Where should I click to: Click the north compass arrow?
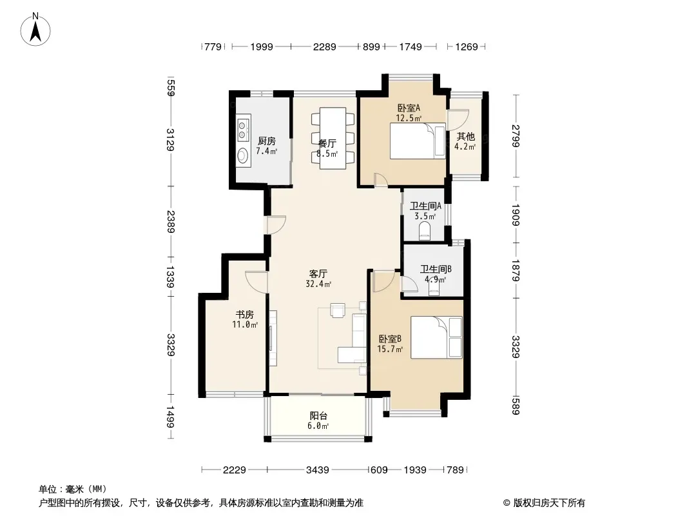(x=35, y=31)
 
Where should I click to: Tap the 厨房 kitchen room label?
(x=267, y=141)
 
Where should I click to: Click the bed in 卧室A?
(x=418, y=141)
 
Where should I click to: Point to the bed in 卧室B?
(x=436, y=337)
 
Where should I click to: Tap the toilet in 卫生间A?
(x=425, y=232)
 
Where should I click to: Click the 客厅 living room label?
(x=318, y=274)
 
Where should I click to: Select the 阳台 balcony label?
(x=318, y=416)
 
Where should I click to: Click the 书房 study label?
(x=245, y=314)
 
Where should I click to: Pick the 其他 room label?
(x=465, y=136)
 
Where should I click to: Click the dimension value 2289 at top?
(x=325, y=46)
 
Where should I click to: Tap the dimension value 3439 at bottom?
(x=318, y=470)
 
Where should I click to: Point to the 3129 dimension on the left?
(x=170, y=139)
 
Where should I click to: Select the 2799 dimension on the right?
(x=516, y=136)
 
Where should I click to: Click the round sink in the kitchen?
(x=242, y=155)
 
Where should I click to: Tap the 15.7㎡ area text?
(x=390, y=350)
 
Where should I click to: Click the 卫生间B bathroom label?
(x=436, y=269)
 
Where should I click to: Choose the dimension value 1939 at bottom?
(x=415, y=470)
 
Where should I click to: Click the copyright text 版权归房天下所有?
(x=549, y=503)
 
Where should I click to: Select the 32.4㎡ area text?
(x=318, y=284)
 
